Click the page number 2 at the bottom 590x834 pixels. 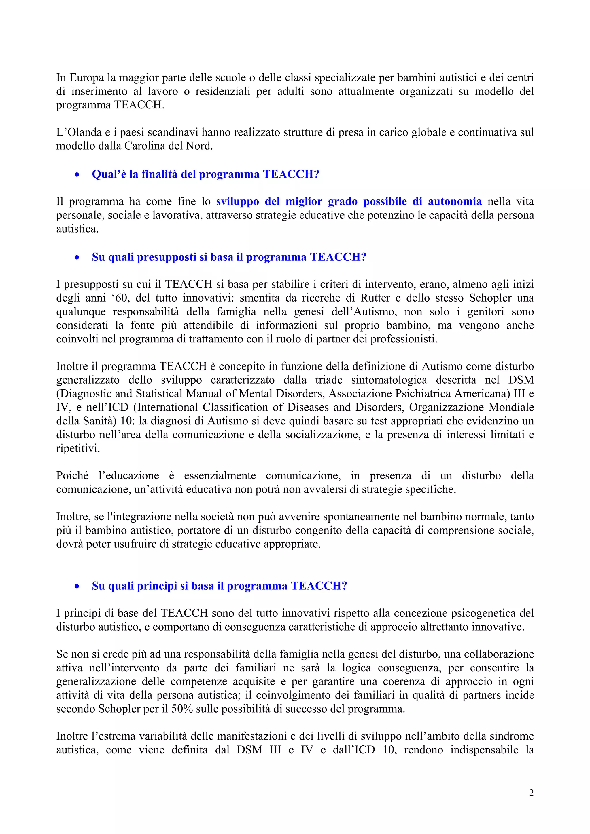click(531, 793)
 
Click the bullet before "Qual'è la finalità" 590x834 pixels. click(77, 175)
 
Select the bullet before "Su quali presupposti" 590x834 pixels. click(77, 258)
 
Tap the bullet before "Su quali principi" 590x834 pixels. click(77, 586)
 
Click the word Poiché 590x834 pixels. click(72, 475)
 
